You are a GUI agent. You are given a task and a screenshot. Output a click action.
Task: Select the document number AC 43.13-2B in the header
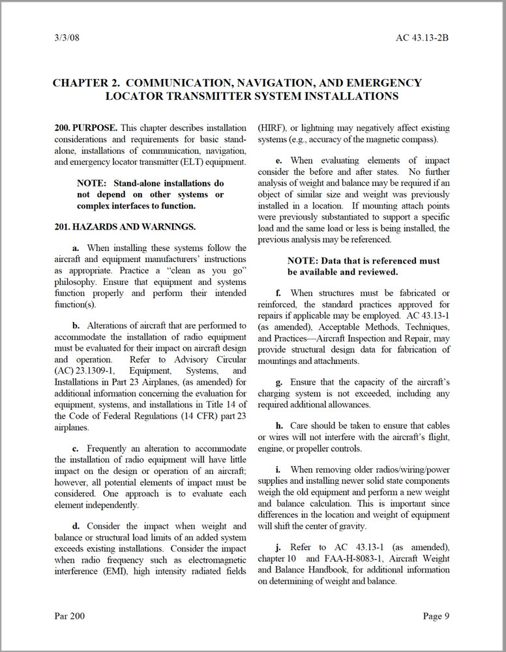click(422, 37)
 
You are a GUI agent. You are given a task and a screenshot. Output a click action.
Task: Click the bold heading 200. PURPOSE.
click(87, 128)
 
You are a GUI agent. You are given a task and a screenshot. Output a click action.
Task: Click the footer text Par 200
click(69, 615)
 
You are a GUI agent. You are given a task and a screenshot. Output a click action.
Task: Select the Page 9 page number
click(436, 615)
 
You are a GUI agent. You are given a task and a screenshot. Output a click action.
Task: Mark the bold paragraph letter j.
click(278, 548)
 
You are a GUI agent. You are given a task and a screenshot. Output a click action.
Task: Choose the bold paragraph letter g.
click(279, 381)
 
